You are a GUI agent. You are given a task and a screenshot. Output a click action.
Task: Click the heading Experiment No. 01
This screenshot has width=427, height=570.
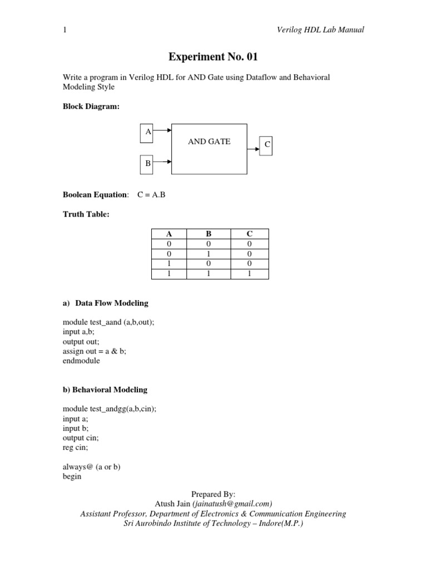click(213, 57)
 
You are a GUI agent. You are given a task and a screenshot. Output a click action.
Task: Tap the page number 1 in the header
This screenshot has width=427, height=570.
click(65, 30)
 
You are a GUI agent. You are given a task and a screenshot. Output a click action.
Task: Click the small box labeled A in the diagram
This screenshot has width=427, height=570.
click(147, 132)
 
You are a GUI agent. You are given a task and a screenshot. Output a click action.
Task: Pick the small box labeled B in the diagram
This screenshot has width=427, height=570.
click(147, 163)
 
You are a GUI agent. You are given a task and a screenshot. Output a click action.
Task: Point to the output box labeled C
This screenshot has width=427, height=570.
click(267, 145)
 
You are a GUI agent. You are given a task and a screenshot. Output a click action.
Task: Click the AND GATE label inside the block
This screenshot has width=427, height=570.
click(209, 141)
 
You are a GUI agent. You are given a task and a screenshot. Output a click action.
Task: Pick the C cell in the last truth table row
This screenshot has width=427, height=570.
click(249, 274)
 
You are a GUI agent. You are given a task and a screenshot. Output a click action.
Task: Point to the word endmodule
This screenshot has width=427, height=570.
click(82, 361)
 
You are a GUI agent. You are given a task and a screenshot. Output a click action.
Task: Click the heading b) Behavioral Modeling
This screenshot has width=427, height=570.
click(105, 390)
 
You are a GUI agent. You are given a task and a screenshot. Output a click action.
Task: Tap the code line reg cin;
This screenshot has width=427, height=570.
click(77, 448)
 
